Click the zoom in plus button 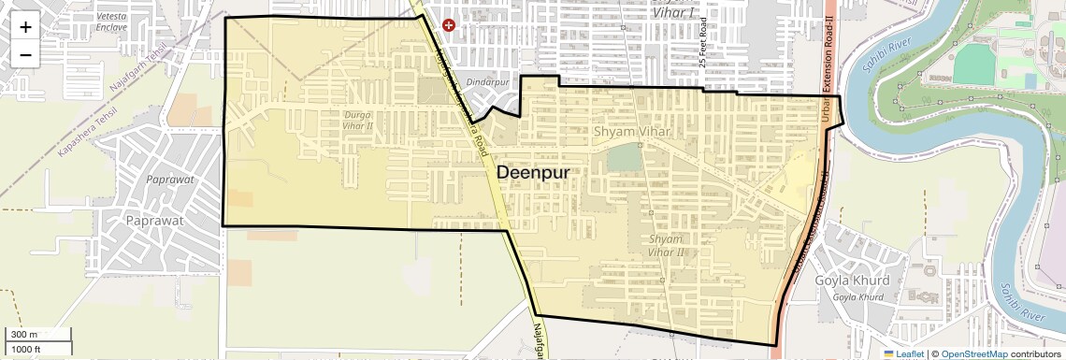tap(25, 26)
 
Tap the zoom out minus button tap(25, 54)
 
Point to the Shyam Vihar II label tap(668, 246)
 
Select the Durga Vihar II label tap(359, 121)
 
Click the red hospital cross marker tap(449, 25)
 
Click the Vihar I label tap(680, 13)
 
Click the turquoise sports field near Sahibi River tap(976, 64)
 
